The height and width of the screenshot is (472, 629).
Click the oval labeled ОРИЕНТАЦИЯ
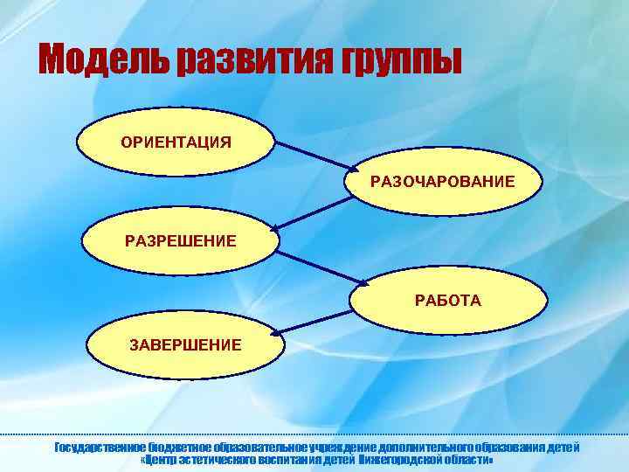176,142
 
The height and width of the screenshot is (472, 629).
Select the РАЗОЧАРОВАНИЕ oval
442,182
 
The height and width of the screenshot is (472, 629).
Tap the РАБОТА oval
447,300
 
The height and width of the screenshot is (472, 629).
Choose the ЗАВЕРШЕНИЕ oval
185,344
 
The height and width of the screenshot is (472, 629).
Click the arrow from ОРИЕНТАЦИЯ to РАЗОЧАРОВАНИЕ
315,155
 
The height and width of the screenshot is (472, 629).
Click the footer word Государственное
100,448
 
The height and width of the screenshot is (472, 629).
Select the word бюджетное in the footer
181,448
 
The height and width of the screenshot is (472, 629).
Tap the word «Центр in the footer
162,460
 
